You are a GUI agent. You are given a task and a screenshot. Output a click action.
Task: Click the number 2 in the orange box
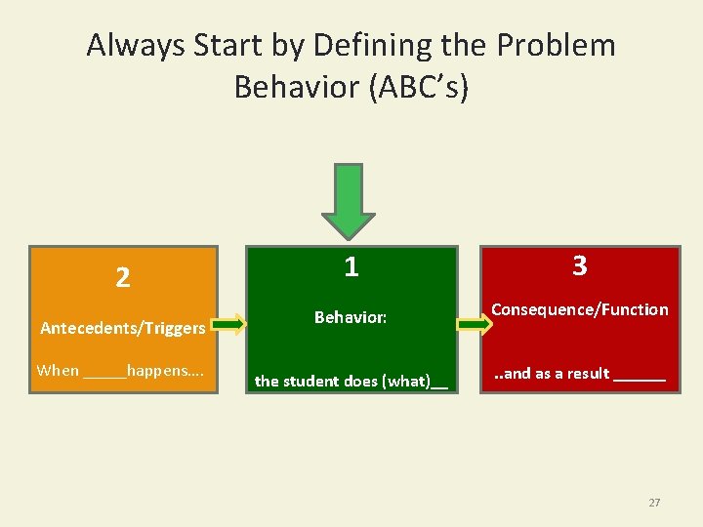pos(122,278)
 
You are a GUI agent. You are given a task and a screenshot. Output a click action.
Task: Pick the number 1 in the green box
pos(351,266)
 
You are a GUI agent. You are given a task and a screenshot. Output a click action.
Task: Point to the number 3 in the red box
pos(579,266)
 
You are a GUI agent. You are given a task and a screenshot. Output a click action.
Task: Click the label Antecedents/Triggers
pos(122,328)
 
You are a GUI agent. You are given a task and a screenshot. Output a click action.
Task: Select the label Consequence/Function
pos(579,309)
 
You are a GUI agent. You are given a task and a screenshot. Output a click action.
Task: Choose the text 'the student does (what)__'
pos(351,381)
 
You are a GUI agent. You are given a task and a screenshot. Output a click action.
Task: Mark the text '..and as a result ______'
pos(579,373)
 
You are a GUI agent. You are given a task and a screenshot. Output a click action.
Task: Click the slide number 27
pos(654,503)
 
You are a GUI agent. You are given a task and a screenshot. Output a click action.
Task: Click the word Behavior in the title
pos(297,87)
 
